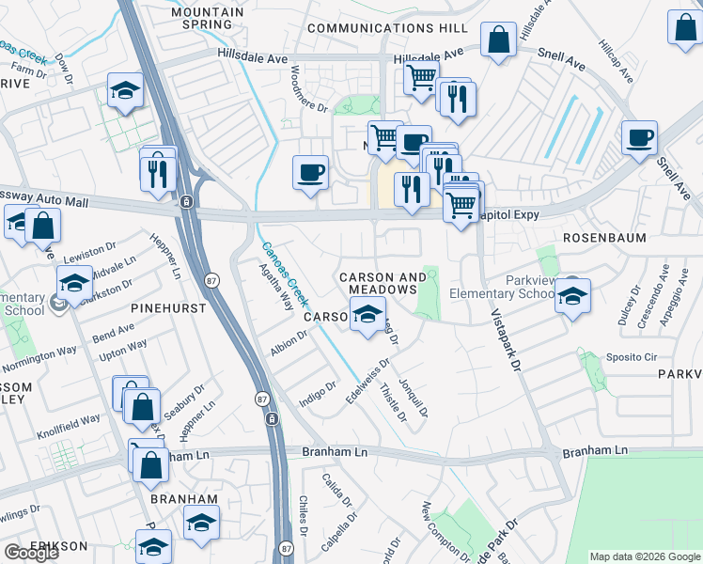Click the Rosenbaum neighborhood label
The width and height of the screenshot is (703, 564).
[x=604, y=239]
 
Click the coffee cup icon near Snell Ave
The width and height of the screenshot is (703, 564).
[x=639, y=137]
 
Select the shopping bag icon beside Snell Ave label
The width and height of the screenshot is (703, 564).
[x=499, y=39]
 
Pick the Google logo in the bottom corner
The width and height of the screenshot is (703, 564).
[x=31, y=554]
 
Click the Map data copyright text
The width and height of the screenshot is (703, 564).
[x=644, y=556]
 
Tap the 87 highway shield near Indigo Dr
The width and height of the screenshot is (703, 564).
[x=271, y=418]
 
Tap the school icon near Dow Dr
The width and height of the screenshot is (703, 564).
[x=124, y=90]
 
